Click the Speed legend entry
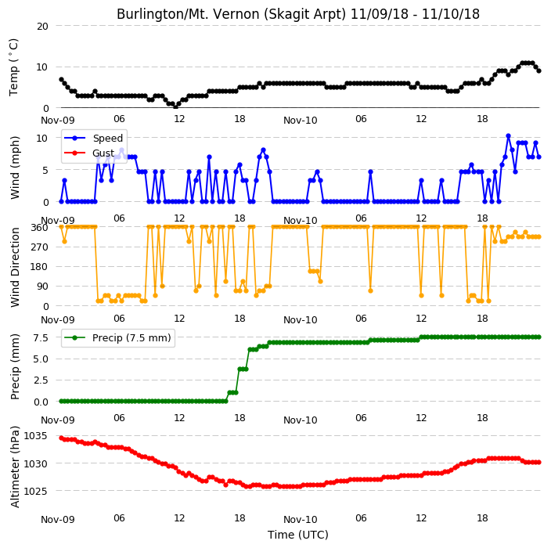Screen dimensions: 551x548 coord(93,138)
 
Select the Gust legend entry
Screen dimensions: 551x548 coord(89,153)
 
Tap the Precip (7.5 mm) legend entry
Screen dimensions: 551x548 coord(117,337)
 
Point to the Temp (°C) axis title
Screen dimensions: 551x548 coord(14,67)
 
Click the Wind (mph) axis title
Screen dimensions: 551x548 coord(14,168)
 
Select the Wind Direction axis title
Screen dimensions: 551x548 coord(14,267)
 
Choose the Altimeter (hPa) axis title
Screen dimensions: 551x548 coord(14,467)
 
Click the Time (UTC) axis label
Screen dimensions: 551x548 coord(298,535)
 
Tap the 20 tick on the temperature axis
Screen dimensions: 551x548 coord(42,26)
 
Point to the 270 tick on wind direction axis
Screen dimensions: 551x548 coord(40,247)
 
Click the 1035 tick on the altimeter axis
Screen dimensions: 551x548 coord(35,436)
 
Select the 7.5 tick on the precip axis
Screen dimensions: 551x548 coord(41,337)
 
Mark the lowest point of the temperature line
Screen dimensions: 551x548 coord(175,106)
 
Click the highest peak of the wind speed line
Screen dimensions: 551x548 coord(508,136)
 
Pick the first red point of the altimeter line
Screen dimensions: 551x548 coord(62,438)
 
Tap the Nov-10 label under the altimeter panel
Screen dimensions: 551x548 coord(301,520)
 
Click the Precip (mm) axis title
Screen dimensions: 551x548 coord(14,366)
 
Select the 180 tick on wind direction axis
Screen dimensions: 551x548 coord(40,267)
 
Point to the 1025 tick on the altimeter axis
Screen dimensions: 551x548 coord(35,491)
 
